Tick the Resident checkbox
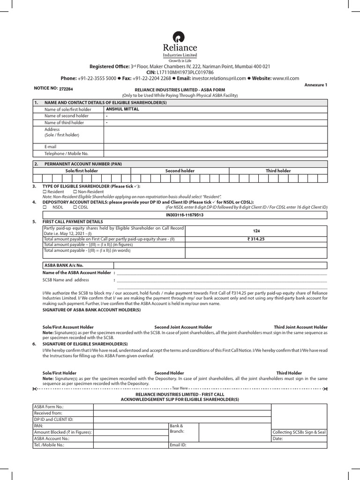(x=45, y=192)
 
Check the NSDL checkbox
(x=45, y=207)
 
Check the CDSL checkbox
(x=75, y=207)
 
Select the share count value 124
(x=255, y=231)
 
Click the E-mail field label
(x=51, y=146)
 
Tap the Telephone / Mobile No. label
(x=66, y=153)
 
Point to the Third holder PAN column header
(x=278, y=171)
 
